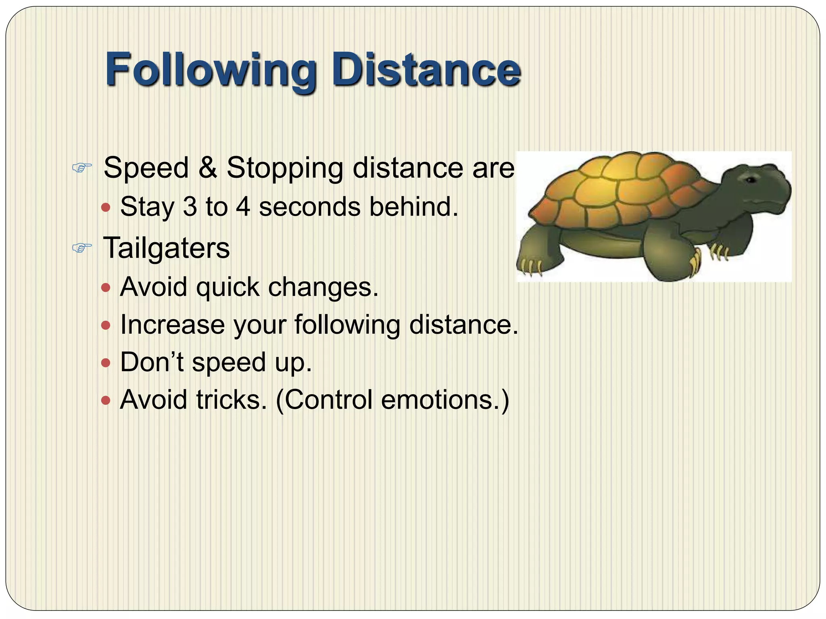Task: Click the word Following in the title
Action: pyautogui.click(x=210, y=71)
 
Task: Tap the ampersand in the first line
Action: pyautogui.click(x=207, y=167)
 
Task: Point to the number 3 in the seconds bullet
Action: pyautogui.click(x=190, y=207)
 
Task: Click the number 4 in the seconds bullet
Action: pyautogui.click(x=243, y=207)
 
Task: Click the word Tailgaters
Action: pyautogui.click(x=166, y=247)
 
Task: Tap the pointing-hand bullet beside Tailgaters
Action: pyautogui.click(x=82, y=247)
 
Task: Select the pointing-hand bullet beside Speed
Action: pyautogui.click(x=82, y=167)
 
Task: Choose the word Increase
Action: pyautogui.click(x=172, y=325)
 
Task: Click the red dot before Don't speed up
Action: pyautogui.click(x=106, y=363)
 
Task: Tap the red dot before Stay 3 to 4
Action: pyautogui.click(x=106, y=208)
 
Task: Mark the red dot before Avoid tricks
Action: pyautogui.click(x=106, y=401)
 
